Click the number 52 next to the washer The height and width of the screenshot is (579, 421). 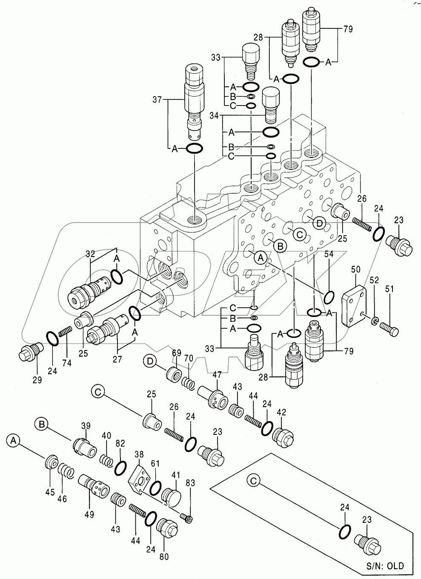pyautogui.click(x=374, y=280)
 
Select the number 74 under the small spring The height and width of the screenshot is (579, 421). pyautogui.click(x=67, y=362)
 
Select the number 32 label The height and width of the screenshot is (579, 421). pyautogui.click(x=90, y=254)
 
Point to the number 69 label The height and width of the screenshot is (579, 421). pyautogui.click(x=177, y=352)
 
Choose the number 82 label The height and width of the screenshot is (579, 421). pyautogui.click(x=120, y=443)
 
